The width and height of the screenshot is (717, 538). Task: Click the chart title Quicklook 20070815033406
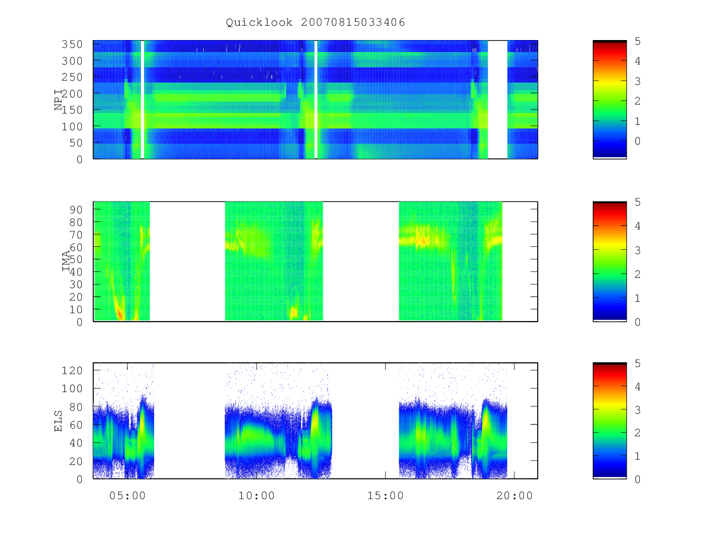(x=315, y=22)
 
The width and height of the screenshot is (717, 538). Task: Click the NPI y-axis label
(x=58, y=100)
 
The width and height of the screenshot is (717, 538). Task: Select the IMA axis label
(x=66, y=261)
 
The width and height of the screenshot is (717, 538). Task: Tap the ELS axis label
(x=58, y=421)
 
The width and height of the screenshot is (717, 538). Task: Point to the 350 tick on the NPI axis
(x=72, y=44)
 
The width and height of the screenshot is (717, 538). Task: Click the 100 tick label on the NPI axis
(x=72, y=126)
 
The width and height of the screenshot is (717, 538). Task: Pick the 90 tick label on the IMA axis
(x=76, y=210)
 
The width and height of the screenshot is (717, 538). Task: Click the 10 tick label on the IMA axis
(x=76, y=309)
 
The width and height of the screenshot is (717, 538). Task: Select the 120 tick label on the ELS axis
(x=72, y=371)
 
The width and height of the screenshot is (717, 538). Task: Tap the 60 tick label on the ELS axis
(x=76, y=425)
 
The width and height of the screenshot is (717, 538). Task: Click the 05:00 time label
(x=127, y=496)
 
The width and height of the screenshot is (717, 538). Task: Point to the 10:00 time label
(x=256, y=496)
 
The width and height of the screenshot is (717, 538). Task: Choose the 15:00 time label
(x=385, y=496)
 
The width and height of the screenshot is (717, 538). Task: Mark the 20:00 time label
(x=514, y=496)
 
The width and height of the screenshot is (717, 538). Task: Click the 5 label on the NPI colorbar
(x=638, y=41)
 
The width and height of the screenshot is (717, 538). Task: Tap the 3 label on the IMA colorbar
(x=638, y=250)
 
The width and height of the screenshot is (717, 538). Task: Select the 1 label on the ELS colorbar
(x=638, y=456)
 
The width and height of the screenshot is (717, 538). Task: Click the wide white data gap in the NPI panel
(x=498, y=99)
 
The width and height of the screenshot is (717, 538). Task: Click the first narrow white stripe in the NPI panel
(x=142, y=99)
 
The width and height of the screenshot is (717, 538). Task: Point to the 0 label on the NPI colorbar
(x=638, y=141)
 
